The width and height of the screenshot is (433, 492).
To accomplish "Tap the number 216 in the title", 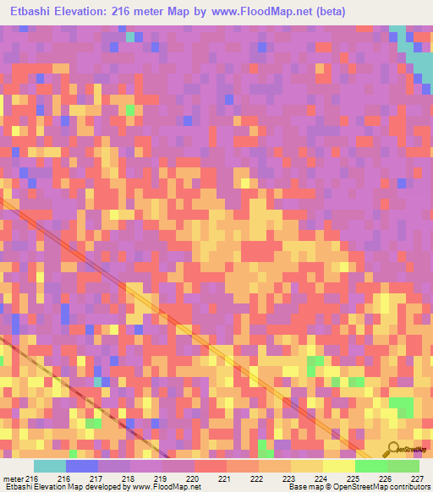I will [x=132, y=13].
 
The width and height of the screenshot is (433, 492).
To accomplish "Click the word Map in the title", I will [x=199, y=13].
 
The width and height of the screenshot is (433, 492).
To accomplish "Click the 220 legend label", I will [x=193, y=478].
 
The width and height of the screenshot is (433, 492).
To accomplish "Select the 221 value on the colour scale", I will [x=225, y=478].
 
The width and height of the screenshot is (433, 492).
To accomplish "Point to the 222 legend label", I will [x=257, y=478].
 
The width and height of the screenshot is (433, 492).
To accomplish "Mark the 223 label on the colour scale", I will [x=289, y=478].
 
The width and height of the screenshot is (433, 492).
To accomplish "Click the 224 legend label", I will [x=321, y=478].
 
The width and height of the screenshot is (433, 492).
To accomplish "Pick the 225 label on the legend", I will [x=354, y=478].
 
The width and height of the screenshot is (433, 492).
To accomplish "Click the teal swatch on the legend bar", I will [x=50, y=466].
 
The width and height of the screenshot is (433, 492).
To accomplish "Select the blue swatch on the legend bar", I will [x=82, y=466].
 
